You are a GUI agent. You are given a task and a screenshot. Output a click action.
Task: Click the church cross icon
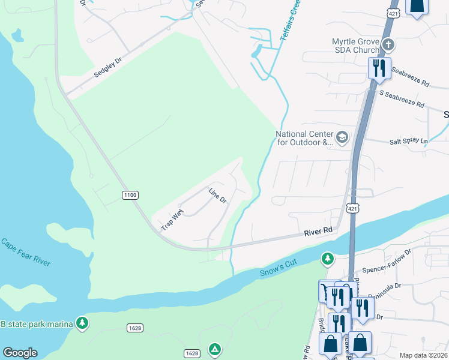388,45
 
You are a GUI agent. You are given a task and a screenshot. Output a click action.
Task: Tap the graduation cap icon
342,138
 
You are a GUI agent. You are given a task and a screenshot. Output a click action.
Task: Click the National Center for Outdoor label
304,138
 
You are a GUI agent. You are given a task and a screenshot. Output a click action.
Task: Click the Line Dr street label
217,195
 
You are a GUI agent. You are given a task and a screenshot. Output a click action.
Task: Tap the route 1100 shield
130,194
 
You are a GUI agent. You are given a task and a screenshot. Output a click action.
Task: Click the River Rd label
318,230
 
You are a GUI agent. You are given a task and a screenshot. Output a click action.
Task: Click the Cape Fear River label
25,253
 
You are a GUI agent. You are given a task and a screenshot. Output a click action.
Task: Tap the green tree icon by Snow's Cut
327,259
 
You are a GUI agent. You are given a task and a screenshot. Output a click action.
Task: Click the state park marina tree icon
82,323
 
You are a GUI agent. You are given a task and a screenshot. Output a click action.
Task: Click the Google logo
20,353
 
